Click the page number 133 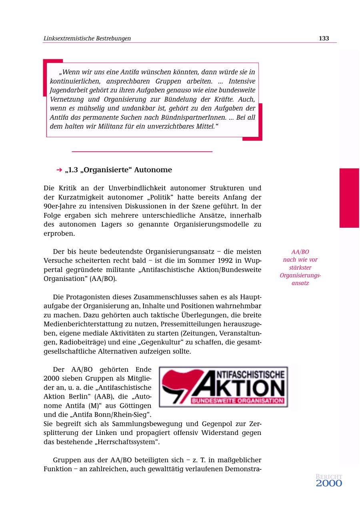tap(324, 38)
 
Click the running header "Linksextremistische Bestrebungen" tap(87, 38)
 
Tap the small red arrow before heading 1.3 tap(59, 170)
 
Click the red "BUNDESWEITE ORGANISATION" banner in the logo tap(237, 401)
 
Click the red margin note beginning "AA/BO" tap(300, 267)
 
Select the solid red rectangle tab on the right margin tap(349, 198)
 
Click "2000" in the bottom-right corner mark tap(329, 483)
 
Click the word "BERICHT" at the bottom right tap(329, 477)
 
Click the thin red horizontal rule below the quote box tap(142, 152)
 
